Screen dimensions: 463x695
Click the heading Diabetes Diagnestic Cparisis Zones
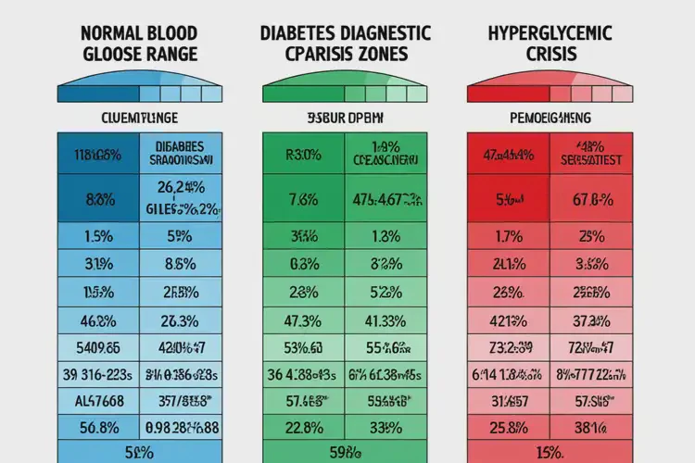347,44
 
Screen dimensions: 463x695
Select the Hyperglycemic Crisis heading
550,44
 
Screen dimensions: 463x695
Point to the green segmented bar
346,93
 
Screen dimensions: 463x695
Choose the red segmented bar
550,93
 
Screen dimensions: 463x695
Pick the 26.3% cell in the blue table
180,322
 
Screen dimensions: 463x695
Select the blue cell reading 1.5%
98,236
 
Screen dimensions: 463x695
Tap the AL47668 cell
98,401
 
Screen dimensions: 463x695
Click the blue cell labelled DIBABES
180,152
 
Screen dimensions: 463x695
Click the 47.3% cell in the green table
304,322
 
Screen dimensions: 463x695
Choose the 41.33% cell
385,322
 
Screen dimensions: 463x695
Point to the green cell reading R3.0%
304,154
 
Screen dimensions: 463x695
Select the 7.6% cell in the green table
304,199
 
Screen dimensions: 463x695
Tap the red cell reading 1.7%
508,236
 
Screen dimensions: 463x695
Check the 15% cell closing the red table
550,453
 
